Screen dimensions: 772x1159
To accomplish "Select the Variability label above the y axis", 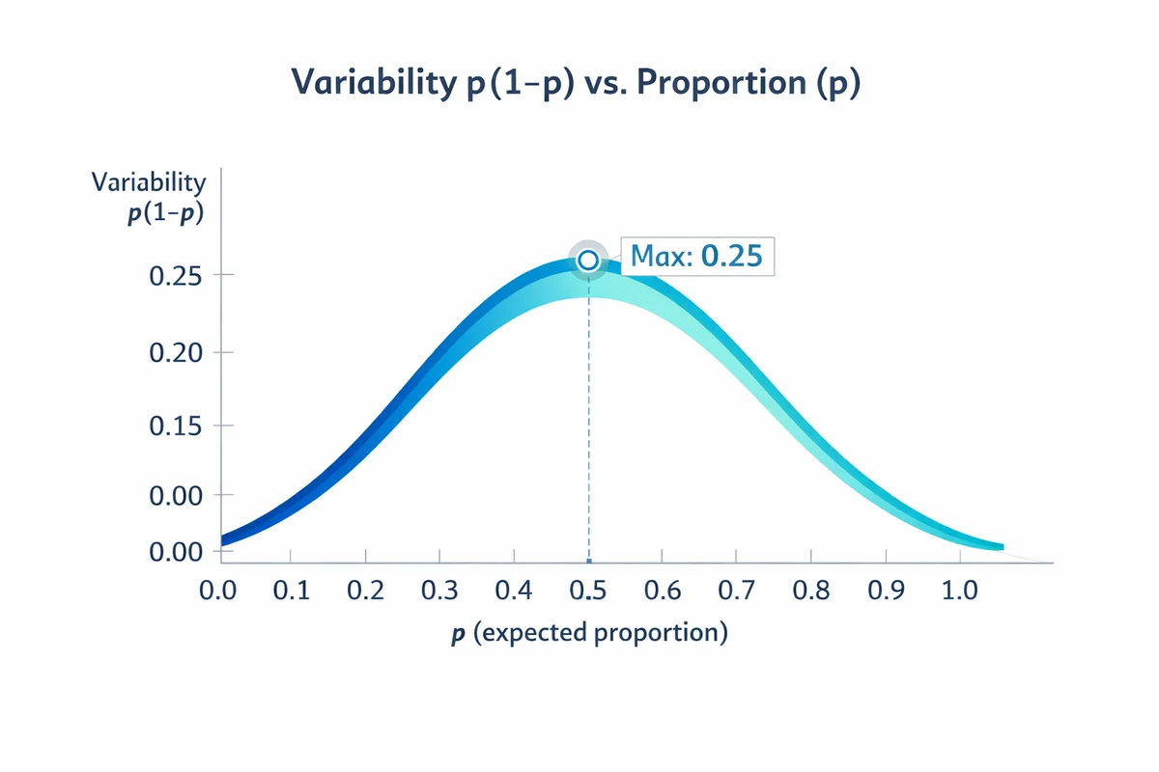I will click(x=148, y=181).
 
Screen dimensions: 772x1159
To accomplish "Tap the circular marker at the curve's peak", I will click(x=587, y=260).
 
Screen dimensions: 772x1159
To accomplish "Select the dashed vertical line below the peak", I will click(x=588, y=425).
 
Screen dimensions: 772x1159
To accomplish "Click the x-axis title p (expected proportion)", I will click(x=588, y=634).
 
